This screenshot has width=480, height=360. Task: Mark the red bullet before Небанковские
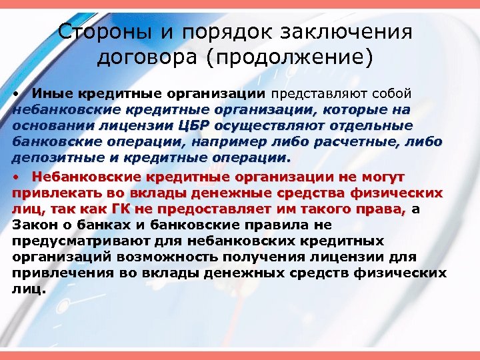point(17,177)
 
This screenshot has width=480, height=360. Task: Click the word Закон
point(31,226)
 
